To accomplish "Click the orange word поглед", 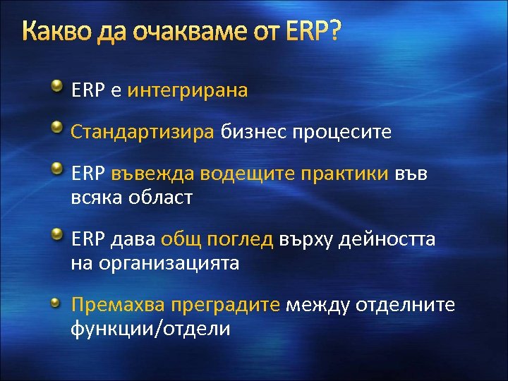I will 239,239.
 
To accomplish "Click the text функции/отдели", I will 150,329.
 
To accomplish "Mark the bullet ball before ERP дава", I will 56,235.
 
